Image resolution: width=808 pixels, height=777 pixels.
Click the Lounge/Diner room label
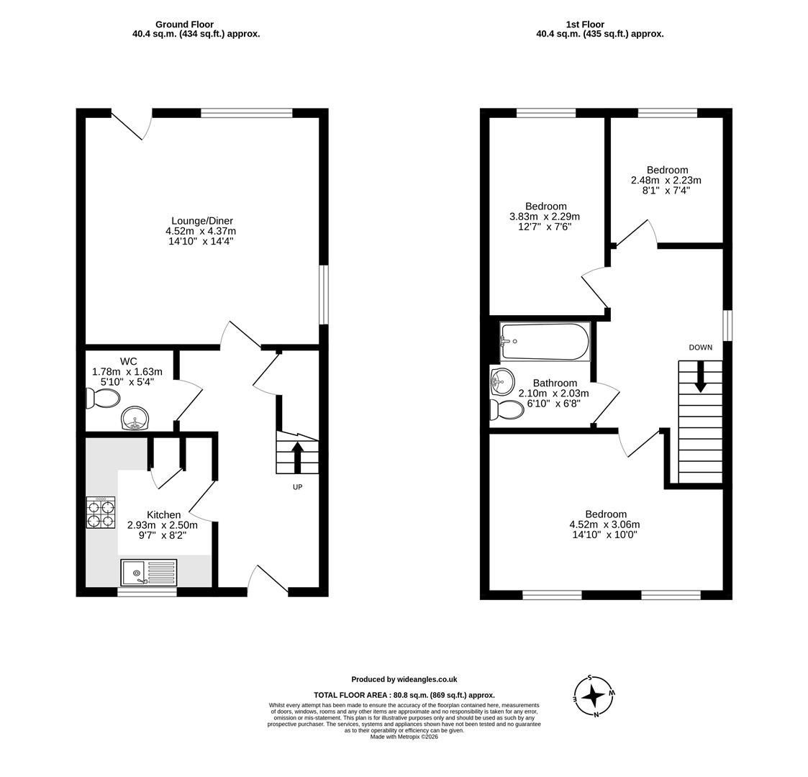click(201, 221)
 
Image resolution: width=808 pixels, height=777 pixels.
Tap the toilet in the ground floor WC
click(104, 398)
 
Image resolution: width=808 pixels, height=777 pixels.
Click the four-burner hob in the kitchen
click(100, 512)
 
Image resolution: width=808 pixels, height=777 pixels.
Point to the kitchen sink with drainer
click(147, 573)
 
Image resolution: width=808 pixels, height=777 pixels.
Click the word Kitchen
click(163, 514)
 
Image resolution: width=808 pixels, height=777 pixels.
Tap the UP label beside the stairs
click(297, 487)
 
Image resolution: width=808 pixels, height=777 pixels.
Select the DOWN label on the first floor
click(700, 347)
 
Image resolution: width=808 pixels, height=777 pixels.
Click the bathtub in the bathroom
click(545, 341)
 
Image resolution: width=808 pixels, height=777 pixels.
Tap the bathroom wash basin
click(502, 381)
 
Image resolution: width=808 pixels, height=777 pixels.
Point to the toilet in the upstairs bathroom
click(507, 409)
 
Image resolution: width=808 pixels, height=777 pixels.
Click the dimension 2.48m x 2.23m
click(666, 181)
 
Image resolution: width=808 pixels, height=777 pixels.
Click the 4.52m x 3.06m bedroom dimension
click(604, 524)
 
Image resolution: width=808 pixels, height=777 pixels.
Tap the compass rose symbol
click(594, 696)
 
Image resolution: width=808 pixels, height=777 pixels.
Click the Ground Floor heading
click(184, 24)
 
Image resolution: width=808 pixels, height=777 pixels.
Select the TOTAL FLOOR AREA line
click(404, 695)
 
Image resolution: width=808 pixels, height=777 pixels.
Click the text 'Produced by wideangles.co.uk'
click(404, 679)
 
